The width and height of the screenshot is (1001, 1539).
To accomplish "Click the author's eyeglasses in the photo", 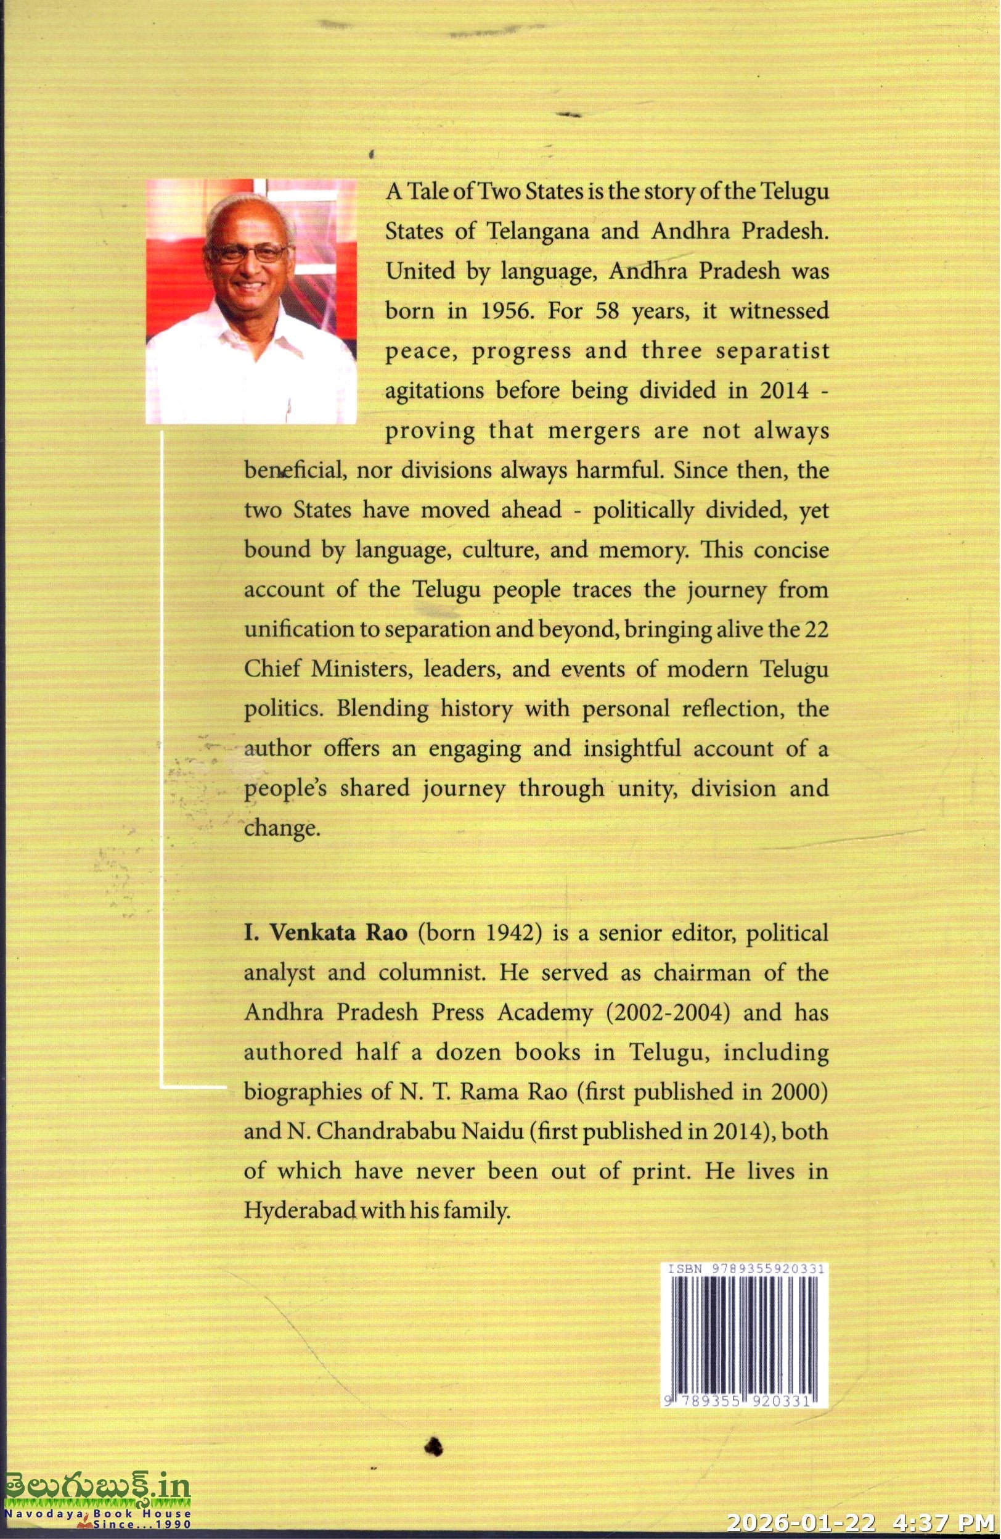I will click(x=249, y=251).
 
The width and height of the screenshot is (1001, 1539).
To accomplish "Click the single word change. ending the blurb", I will click(x=282, y=828).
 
